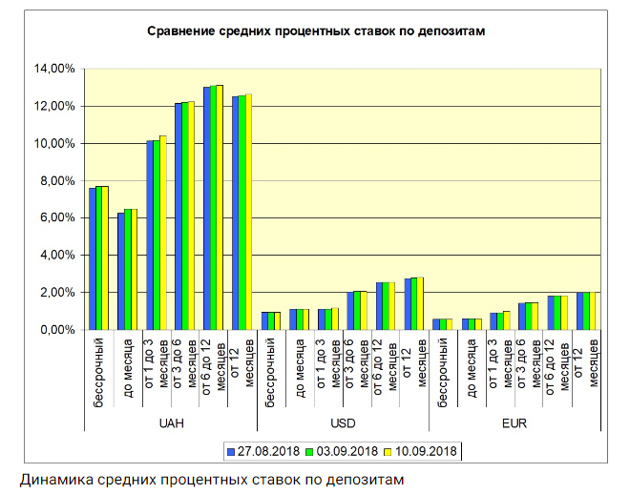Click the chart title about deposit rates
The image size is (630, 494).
pyautogui.click(x=317, y=31)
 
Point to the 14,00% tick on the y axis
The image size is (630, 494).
pyautogui.click(x=54, y=69)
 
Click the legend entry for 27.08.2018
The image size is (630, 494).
pyautogui.click(x=262, y=450)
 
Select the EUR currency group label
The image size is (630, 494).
pyautogui.click(x=515, y=422)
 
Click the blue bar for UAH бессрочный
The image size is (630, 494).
pyautogui.click(x=93, y=258)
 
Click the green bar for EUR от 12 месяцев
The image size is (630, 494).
pyautogui.click(x=586, y=311)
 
